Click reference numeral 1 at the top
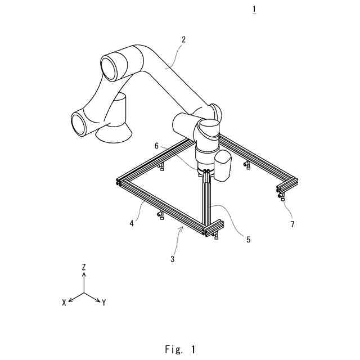point(255,10)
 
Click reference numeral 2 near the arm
point(183,39)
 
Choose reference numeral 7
point(291,224)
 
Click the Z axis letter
point(83,268)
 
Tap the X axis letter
point(64,302)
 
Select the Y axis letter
point(105,303)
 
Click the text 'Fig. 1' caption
point(180,349)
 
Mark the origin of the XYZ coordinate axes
point(84,293)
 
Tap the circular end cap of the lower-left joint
point(78,124)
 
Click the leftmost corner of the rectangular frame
point(119,182)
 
